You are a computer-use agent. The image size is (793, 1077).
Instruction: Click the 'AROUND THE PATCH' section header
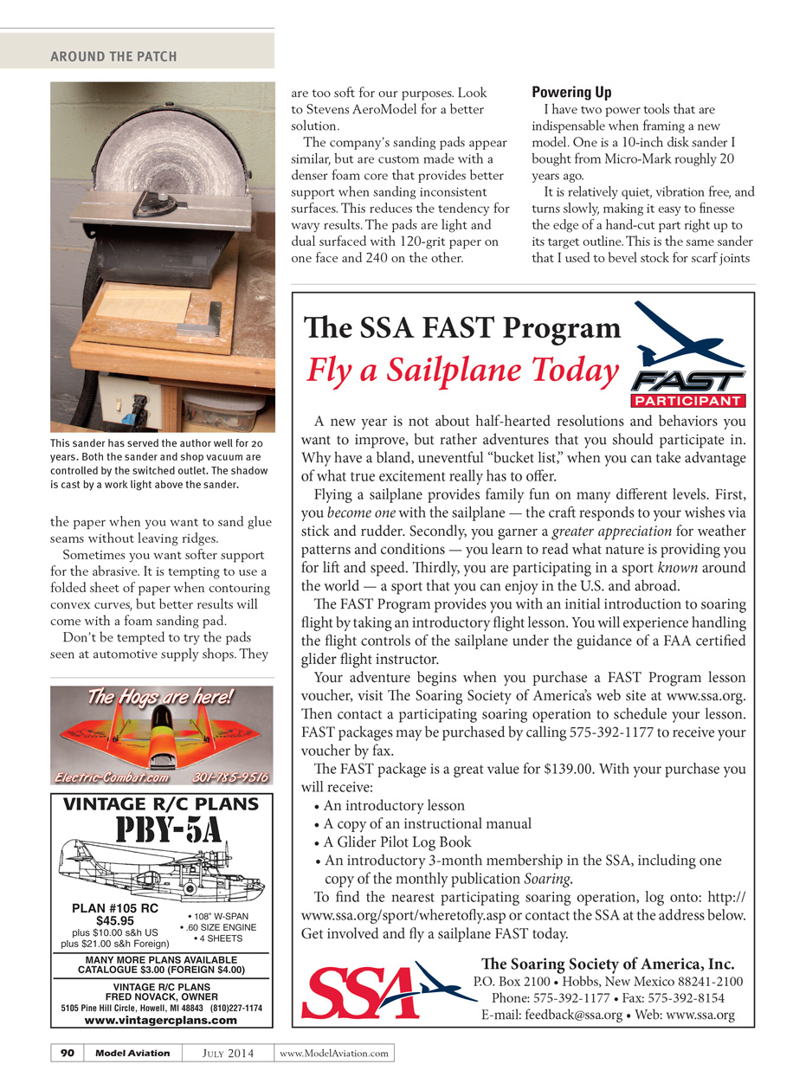click(x=113, y=56)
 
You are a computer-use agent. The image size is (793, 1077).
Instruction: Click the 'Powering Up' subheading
click(x=571, y=92)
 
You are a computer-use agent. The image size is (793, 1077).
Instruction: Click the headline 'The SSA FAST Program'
click(x=462, y=328)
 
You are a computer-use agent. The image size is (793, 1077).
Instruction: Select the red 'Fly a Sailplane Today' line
click(x=462, y=370)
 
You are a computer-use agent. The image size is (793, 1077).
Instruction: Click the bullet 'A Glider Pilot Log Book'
click(x=397, y=842)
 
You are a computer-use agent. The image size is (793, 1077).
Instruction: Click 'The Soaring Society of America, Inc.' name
click(x=608, y=964)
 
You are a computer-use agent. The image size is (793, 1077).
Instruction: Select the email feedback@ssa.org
click(x=551, y=1015)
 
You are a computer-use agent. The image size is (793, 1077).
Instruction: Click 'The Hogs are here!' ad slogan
click(x=162, y=697)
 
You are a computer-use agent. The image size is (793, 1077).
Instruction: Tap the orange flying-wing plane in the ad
click(x=162, y=736)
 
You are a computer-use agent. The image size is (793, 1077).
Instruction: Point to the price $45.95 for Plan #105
click(x=114, y=921)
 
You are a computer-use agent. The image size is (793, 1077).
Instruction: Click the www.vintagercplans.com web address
click(x=162, y=1020)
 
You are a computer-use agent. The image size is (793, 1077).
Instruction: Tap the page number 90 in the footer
click(x=68, y=1053)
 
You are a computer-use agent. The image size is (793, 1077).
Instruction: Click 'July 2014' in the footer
click(x=229, y=1053)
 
